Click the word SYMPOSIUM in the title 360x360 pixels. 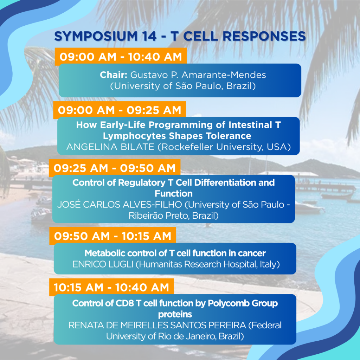[x=96, y=36]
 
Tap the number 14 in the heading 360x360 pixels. [x=149, y=36]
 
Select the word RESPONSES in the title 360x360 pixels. [x=264, y=36]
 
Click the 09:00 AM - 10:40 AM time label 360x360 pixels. [x=121, y=57]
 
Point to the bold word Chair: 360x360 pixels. [x=114, y=75]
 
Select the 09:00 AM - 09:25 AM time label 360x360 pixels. [x=120, y=110]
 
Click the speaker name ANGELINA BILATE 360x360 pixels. [x=110, y=147]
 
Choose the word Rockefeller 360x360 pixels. [x=187, y=147]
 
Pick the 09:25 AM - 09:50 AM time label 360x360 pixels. [x=115, y=168]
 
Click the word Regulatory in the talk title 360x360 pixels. [x=142, y=182]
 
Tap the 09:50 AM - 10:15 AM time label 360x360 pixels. [x=113, y=236]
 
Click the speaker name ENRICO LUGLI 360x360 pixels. [x=103, y=264]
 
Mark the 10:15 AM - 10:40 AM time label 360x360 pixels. [x=111, y=288]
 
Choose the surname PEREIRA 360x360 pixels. [x=227, y=325]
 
